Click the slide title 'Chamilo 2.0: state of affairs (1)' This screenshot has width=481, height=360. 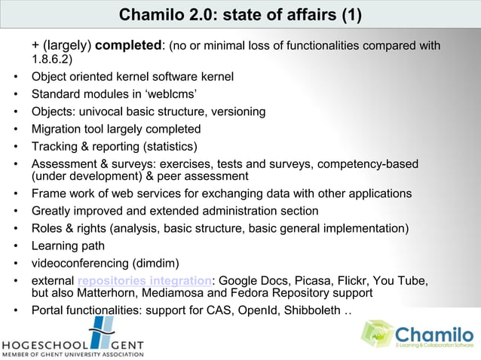tap(240, 15)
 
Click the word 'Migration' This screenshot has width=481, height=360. tap(57, 129)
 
